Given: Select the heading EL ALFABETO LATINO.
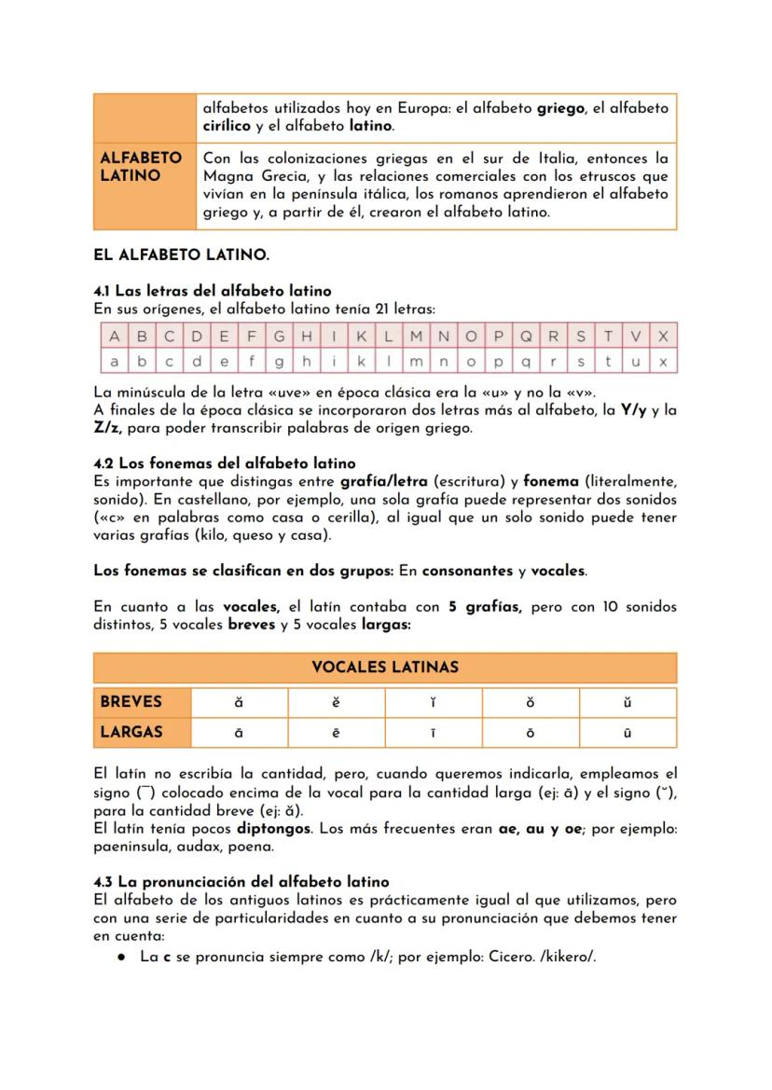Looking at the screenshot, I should pos(181,254).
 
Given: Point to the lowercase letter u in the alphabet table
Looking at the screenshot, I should pos(636,360).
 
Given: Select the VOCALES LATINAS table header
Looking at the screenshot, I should pos(385,668).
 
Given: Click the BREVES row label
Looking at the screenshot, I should pos(131,701).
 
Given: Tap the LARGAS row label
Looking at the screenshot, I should pos(131,732).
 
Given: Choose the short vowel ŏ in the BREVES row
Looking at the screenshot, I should pos(530,701).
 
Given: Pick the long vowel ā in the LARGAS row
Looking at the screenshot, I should pos(239,733).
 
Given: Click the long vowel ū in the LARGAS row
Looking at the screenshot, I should pos(627,733).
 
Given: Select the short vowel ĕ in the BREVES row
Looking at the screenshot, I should pos(336,701).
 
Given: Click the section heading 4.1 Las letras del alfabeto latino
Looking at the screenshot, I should pos(213,291).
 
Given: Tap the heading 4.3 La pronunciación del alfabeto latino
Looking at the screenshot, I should pos(241,881).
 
